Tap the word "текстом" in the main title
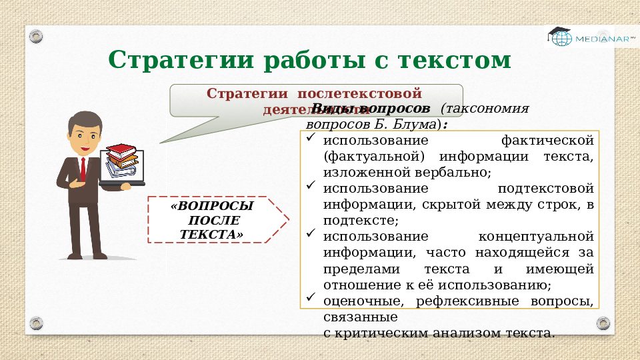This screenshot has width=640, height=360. pyautogui.click(x=455, y=60)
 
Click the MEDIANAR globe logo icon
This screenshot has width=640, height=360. pyautogui.click(x=560, y=37)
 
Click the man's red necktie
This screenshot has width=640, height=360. pyautogui.click(x=83, y=169)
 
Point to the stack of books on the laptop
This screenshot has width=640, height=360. pyautogui.click(x=123, y=159)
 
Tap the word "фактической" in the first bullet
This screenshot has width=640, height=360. pyautogui.click(x=547, y=141)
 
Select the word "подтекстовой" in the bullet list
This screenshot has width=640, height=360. pyautogui.click(x=545, y=189)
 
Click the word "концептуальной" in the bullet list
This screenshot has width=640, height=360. pyautogui.click(x=536, y=237)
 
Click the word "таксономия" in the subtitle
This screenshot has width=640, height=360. pyautogui.click(x=488, y=109)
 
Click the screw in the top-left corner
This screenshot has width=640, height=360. pyautogui.click(x=35, y=33)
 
